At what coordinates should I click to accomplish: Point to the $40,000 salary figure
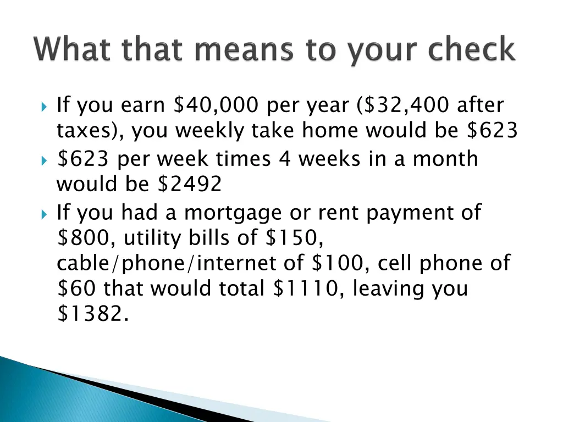[x=215, y=105]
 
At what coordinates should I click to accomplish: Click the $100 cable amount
[x=336, y=264]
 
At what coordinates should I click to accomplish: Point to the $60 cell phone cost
[x=76, y=288]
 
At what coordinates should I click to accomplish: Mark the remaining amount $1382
[x=90, y=314]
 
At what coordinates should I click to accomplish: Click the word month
[x=445, y=159]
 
